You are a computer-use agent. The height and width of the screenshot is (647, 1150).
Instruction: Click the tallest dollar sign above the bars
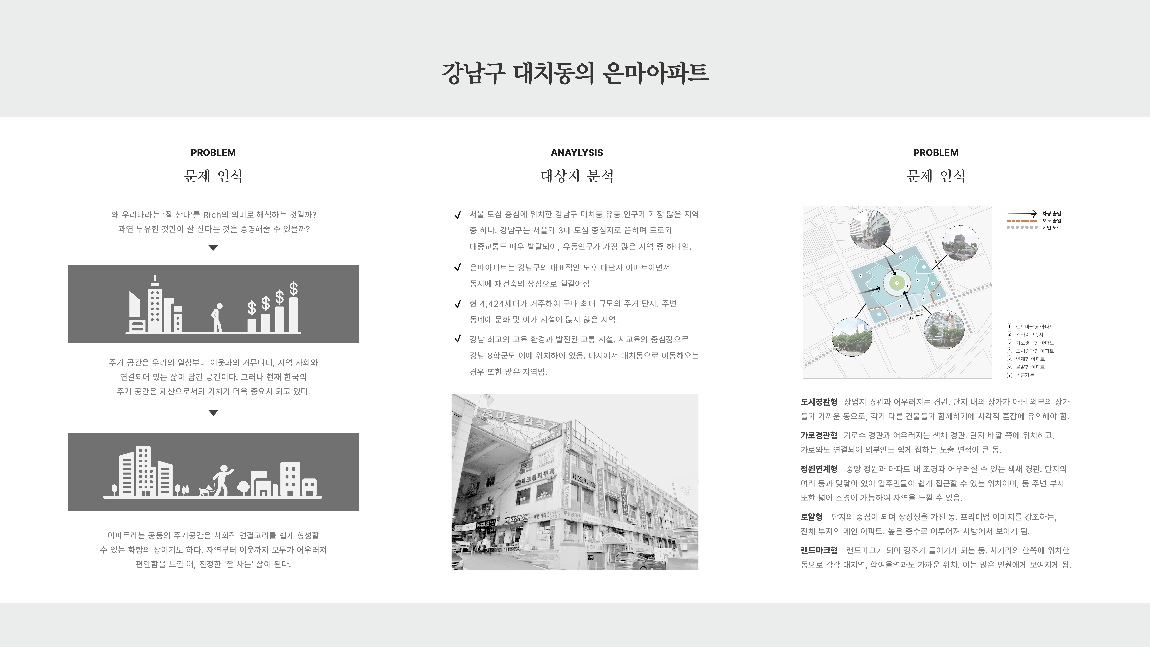[x=293, y=288]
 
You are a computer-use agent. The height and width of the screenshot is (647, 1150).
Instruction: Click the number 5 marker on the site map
[x=918, y=280]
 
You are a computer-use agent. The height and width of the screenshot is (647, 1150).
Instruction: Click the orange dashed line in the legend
[x=1022, y=221]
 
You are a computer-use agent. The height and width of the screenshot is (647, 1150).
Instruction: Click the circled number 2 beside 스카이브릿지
[x=1009, y=334]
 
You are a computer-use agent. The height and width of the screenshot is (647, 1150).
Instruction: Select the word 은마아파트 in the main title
[x=655, y=73]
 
